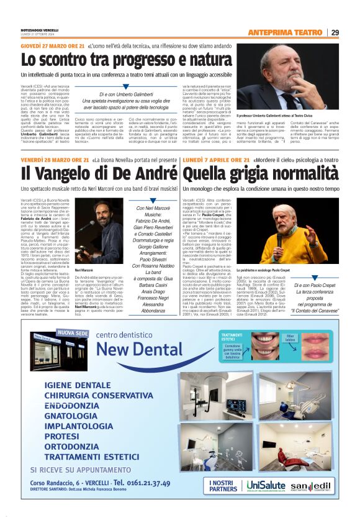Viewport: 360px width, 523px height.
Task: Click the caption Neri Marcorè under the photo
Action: point(83,271)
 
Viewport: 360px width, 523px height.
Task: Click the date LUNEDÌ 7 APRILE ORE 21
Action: point(217,160)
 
